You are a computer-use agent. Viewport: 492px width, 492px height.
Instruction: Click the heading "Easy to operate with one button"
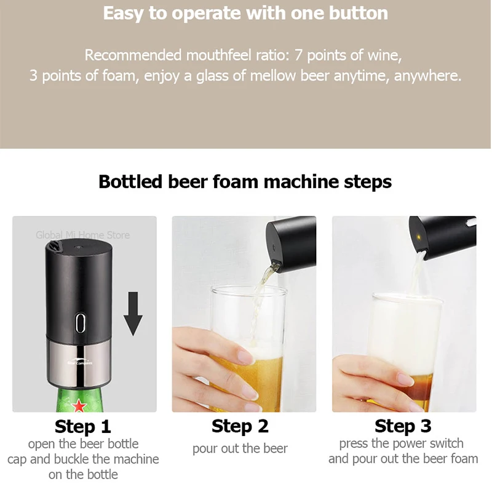pyautogui.click(x=245, y=14)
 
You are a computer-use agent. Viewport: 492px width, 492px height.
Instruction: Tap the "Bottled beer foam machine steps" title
pyautogui.click(x=245, y=182)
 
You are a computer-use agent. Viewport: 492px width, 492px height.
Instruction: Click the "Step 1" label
pyautogui.click(x=83, y=426)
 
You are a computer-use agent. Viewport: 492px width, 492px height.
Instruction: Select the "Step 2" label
pyautogui.click(x=240, y=426)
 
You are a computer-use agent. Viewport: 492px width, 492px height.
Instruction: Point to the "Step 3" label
pyautogui.click(x=403, y=426)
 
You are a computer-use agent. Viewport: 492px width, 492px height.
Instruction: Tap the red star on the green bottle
pyautogui.click(x=79, y=406)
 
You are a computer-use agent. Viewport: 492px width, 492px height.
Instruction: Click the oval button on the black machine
pyautogui.click(x=80, y=322)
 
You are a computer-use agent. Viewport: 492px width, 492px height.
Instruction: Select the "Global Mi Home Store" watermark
pyautogui.click(x=82, y=235)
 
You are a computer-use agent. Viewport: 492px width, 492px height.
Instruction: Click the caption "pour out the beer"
pyautogui.click(x=240, y=449)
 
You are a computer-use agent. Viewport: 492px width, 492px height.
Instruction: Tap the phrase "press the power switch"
pyautogui.click(x=401, y=443)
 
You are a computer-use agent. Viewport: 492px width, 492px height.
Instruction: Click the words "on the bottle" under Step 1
pyautogui.click(x=83, y=474)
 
